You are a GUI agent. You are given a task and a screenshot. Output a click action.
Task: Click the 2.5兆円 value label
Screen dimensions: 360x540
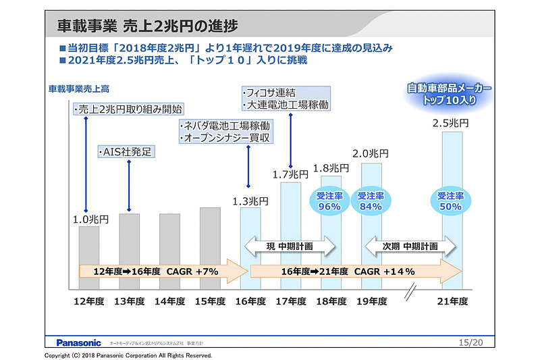pyautogui.click(x=451, y=124)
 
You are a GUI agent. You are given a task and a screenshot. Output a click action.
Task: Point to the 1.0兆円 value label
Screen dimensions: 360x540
pyautogui.click(x=88, y=219)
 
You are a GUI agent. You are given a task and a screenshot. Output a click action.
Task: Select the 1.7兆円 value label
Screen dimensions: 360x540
pyautogui.click(x=291, y=174)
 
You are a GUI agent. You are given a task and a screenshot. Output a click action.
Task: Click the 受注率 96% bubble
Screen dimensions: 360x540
pyautogui.click(x=329, y=201)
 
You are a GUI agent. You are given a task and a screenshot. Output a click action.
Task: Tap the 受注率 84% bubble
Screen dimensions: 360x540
pyautogui.click(x=371, y=201)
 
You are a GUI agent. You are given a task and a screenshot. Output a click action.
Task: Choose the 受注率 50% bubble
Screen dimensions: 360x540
pyautogui.click(x=451, y=201)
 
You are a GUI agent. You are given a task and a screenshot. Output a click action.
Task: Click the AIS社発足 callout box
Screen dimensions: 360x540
pyautogui.click(x=128, y=151)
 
